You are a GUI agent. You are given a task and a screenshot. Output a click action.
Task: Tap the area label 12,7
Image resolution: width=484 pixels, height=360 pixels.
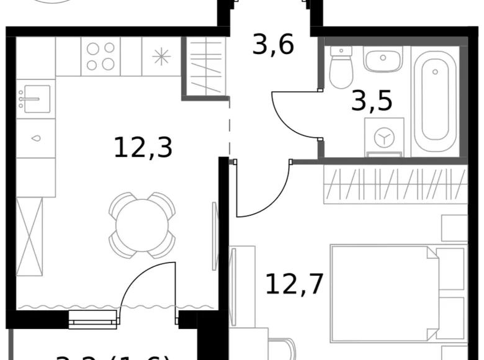tap(295, 284)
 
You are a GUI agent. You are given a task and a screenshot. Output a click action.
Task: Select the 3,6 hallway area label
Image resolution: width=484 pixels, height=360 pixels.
tap(273, 44)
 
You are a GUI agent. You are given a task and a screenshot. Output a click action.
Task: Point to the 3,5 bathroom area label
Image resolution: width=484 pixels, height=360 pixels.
tap(372, 100)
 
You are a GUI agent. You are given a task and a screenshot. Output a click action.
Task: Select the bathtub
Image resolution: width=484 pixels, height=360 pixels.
tap(436, 99)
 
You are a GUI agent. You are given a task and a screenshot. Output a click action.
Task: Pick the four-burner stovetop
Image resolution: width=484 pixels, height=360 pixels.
tap(101, 56)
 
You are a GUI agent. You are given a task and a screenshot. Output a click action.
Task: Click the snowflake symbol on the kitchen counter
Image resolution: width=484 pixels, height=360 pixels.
tap(161, 56)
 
